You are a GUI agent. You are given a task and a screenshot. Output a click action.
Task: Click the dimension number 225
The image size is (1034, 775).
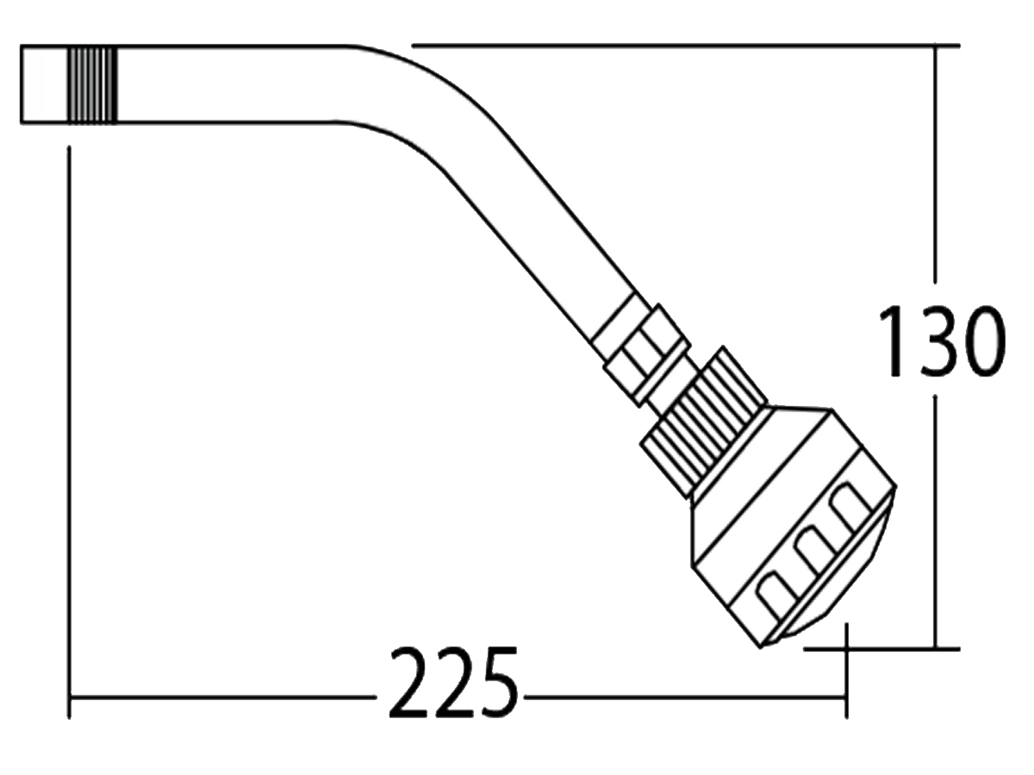(454, 683)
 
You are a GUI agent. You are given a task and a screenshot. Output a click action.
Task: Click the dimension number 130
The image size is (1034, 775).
(941, 341)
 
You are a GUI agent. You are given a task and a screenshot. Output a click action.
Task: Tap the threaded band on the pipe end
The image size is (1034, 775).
(92, 84)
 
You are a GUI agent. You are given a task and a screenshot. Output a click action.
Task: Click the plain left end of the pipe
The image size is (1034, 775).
(44, 84)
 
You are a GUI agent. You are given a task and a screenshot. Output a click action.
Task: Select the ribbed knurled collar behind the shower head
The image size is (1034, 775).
(702, 422)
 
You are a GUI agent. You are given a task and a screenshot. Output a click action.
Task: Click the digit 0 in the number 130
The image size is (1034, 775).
(982, 341)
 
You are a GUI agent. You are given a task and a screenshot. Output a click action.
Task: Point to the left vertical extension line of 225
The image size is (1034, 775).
(69, 431)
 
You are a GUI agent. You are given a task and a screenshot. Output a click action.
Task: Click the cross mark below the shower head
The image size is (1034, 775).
(846, 648)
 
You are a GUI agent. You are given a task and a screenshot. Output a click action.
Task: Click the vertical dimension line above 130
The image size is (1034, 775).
(936, 172)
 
